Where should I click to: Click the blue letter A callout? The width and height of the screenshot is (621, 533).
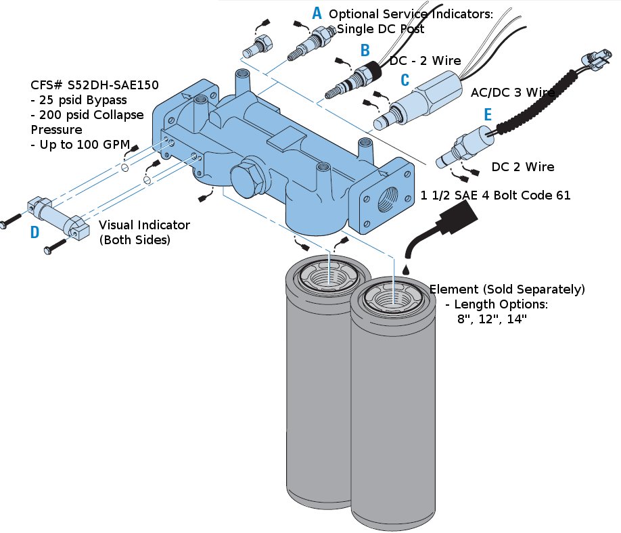(x=317, y=13)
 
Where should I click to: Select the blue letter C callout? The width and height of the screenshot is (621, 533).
(x=405, y=80)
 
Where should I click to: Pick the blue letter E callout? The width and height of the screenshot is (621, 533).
(x=488, y=114)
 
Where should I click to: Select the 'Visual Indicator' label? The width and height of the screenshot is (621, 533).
(x=144, y=225)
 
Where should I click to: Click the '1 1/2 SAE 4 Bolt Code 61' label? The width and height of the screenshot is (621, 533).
(x=495, y=195)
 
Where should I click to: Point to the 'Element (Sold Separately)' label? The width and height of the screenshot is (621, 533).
(x=507, y=289)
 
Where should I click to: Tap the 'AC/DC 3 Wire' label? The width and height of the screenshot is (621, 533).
(x=513, y=92)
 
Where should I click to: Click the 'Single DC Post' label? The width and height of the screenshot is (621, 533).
(x=380, y=29)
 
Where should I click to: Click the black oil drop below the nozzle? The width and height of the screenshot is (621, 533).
(x=407, y=269)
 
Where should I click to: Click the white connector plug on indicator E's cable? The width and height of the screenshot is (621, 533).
(x=592, y=59)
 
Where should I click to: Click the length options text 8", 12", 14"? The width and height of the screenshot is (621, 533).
(x=492, y=319)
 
